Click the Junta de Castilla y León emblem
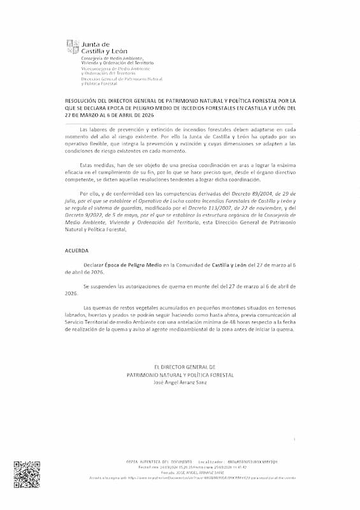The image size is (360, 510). pyautogui.click(x=71, y=47)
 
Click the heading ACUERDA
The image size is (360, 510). pyautogui.click(x=76, y=251)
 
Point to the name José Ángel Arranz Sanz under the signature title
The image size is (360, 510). pyautogui.click(x=181, y=382)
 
